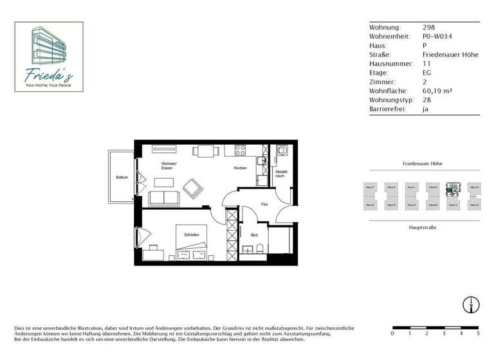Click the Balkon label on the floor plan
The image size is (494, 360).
click(122, 177)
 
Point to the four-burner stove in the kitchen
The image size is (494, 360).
click(241, 150)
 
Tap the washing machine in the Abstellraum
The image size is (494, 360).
click(282, 151)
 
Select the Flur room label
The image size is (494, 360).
click(264, 204)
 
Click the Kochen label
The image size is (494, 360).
click(240, 168)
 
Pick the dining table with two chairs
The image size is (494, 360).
click(205, 152)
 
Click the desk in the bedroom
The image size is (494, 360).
click(153, 251)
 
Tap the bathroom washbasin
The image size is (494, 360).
click(248, 251)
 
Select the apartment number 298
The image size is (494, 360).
click(428, 28)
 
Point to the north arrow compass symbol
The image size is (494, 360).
click(471, 305)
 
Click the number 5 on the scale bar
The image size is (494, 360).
click(478, 334)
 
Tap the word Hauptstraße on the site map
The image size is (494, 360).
click(423, 228)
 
